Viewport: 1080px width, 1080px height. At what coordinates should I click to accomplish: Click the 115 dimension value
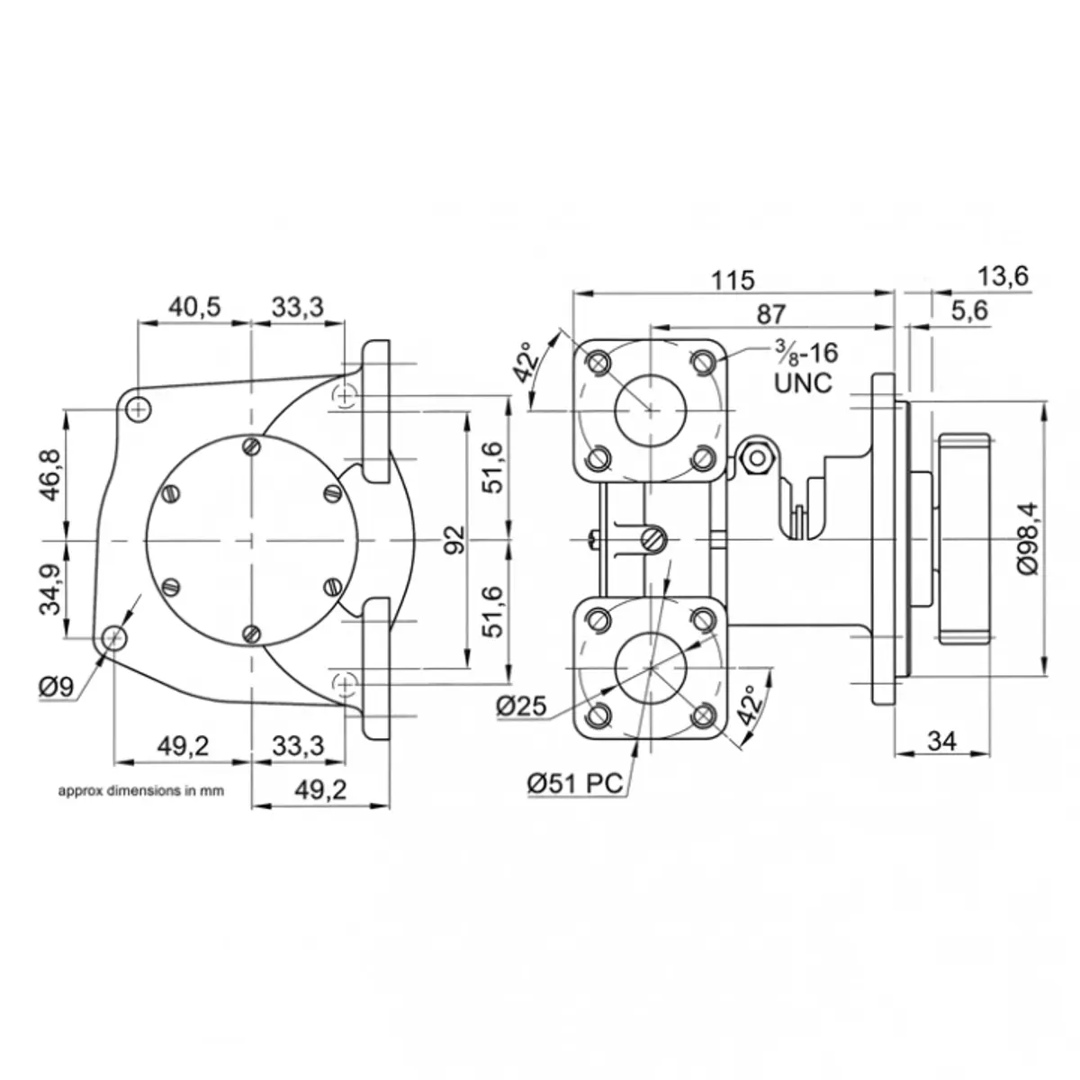[733, 280]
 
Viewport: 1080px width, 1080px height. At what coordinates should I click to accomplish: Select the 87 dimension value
[771, 314]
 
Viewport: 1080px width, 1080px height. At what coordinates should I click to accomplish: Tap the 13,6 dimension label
[1003, 276]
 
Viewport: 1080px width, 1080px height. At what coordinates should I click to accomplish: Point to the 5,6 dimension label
[968, 311]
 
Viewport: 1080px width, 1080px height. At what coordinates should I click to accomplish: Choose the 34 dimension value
[941, 741]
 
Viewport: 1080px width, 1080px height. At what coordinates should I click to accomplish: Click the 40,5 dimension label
[194, 307]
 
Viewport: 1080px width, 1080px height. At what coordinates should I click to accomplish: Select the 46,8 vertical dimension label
[51, 474]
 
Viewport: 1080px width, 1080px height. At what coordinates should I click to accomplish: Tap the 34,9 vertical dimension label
[51, 589]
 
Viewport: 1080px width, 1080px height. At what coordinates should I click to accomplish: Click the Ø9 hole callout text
[56, 688]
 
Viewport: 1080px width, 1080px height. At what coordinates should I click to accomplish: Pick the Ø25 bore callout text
[521, 706]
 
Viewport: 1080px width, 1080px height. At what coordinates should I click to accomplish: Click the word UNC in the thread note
[804, 382]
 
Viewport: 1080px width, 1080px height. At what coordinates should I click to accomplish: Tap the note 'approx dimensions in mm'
[139, 792]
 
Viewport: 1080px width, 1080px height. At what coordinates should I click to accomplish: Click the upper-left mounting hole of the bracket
[137, 409]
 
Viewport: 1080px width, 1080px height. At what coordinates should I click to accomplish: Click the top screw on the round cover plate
[253, 446]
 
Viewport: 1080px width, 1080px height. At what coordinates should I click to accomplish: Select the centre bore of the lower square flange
[650, 667]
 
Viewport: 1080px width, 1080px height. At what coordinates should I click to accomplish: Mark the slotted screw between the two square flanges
[652, 540]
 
